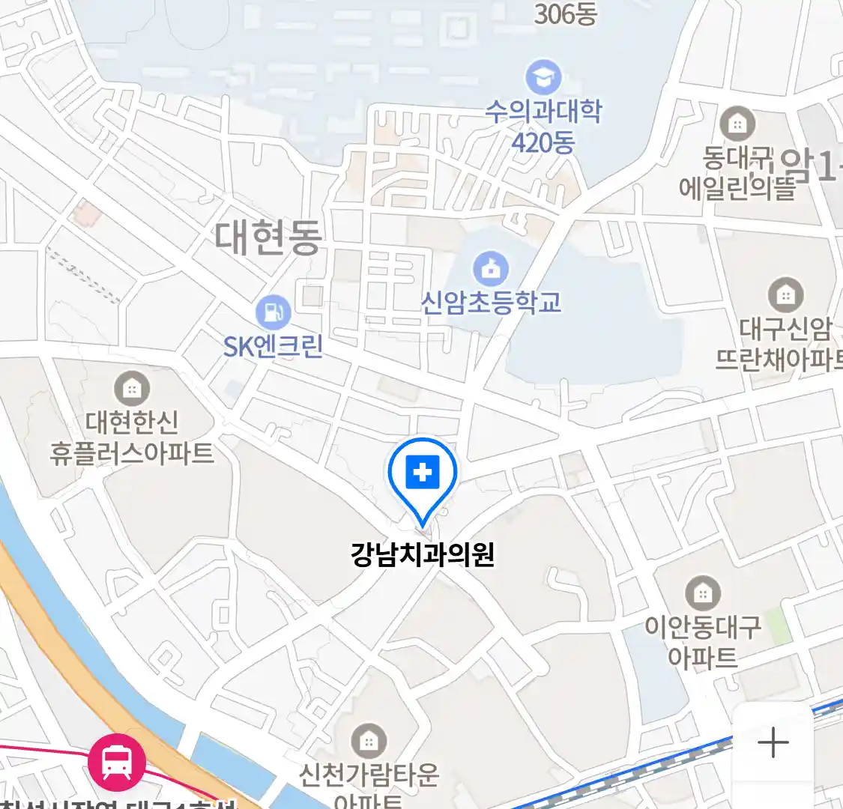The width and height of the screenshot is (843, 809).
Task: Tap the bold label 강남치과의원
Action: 423,555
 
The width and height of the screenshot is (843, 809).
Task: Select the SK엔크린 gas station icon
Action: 273,312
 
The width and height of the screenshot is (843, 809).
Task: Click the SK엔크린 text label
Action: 273,346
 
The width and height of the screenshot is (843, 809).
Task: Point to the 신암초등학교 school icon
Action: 491,268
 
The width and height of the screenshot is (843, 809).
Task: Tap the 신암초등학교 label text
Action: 491,302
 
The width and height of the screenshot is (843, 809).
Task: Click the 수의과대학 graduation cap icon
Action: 543,76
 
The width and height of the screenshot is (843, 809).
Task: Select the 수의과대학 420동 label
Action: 543,126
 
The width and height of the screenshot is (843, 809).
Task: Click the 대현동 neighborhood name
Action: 268,237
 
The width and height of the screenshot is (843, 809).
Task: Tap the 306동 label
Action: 565,13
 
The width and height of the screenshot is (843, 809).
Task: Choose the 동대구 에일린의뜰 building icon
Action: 737,124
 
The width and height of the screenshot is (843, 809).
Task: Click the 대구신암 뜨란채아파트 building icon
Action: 785,295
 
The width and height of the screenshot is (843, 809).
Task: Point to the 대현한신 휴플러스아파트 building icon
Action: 132,388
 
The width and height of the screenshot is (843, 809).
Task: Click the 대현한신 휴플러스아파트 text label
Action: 132,437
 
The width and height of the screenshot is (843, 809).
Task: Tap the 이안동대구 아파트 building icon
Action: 702,594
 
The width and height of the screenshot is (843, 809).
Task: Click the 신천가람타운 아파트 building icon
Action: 369,741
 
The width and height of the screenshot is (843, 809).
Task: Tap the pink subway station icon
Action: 117,762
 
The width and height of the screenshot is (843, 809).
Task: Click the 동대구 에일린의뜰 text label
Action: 737,173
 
